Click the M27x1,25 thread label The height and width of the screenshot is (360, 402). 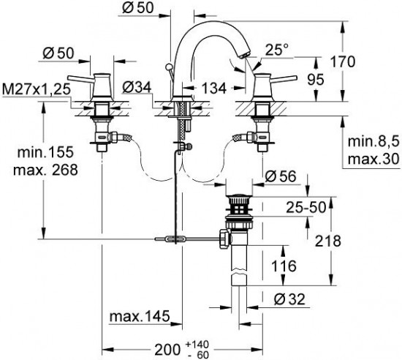pyautogui.click(x=36, y=89)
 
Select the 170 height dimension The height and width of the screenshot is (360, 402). pyautogui.click(x=343, y=62)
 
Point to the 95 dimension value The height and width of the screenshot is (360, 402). pyautogui.click(x=316, y=80)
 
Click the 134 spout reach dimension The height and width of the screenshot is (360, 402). pyautogui.click(x=214, y=89)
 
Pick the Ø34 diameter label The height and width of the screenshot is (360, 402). pyautogui.click(x=137, y=88)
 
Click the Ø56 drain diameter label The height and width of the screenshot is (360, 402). pyautogui.click(x=280, y=176)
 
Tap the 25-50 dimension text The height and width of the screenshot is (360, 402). pyautogui.click(x=306, y=207)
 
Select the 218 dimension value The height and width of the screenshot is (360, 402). pyautogui.click(x=328, y=241)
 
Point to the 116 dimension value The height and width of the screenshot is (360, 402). pyautogui.click(x=284, y=266)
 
